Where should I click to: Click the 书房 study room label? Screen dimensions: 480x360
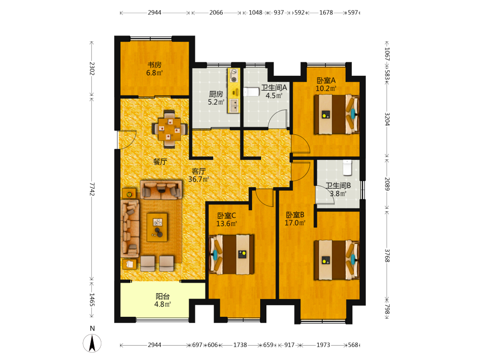point(154,65)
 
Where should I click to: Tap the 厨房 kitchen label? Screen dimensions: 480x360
point(216,94)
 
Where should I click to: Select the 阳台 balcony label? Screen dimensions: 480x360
point(163,296)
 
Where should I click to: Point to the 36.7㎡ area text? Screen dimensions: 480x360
point(199,179)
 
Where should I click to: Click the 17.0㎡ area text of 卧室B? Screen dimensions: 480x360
point(295,223)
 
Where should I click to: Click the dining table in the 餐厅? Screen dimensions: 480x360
point(169,129)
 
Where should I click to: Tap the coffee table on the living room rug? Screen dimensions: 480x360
point(157,227)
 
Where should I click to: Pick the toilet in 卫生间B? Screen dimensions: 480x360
point(347,168)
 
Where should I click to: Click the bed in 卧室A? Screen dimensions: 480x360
point(336,114)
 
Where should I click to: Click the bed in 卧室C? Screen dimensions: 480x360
point(232,254)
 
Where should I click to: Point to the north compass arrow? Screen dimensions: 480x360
point(92,343)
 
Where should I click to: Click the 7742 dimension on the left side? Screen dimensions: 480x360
point(92,189)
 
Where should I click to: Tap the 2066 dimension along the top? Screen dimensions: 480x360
point(216,12)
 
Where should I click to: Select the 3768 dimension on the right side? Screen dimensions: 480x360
point(387,255)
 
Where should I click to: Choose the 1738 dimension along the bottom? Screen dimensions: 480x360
point(240,345)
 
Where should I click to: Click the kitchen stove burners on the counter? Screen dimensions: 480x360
point(234,76)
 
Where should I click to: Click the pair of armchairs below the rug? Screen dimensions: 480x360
point(157,263)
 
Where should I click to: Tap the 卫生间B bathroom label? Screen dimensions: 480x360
point(338,185)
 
